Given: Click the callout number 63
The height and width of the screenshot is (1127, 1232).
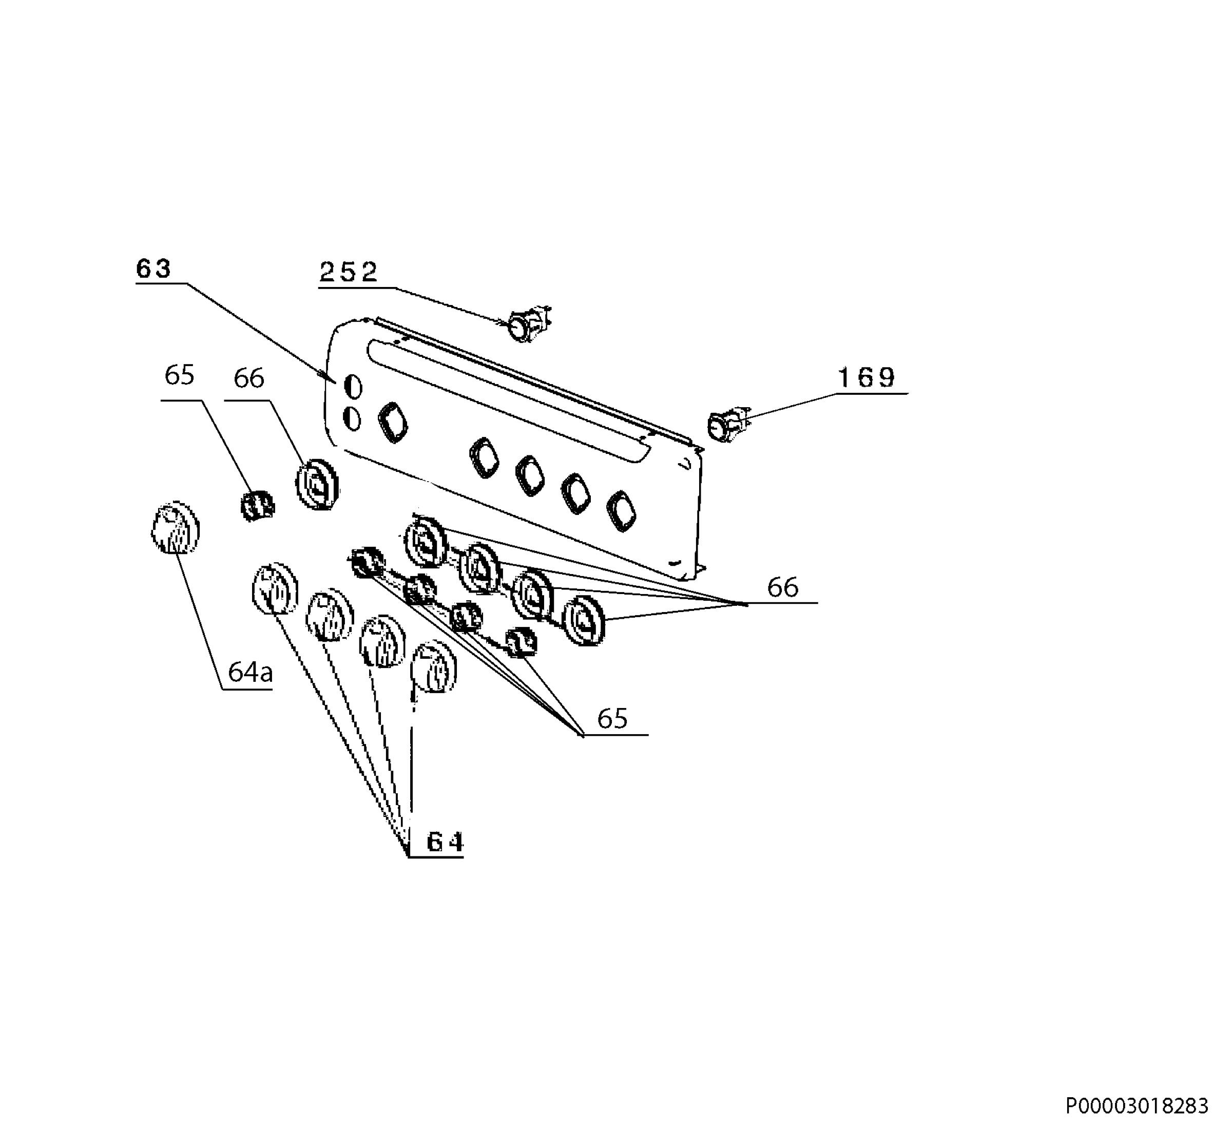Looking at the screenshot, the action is coord(153,269).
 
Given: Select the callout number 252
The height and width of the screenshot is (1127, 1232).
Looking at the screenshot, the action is coord(349,272).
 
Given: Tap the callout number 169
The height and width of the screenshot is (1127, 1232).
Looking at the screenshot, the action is coord(866,378).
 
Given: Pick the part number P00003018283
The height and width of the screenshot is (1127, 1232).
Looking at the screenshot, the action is coord(1137,1105).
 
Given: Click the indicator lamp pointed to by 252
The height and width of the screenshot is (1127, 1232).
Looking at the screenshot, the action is coord(527,323).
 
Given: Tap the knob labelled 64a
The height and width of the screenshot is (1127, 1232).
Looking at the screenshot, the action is coord(176,528).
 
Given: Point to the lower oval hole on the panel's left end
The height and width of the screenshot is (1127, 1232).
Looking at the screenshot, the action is coord(353,419).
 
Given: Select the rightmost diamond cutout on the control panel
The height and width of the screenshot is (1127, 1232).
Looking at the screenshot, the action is coord(622,510).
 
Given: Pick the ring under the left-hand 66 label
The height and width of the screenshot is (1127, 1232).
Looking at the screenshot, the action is coord(317,484).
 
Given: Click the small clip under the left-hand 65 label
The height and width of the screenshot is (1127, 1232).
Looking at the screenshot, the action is coord(256,506).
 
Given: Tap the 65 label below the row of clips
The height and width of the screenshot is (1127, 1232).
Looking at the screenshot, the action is coord(612,719).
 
